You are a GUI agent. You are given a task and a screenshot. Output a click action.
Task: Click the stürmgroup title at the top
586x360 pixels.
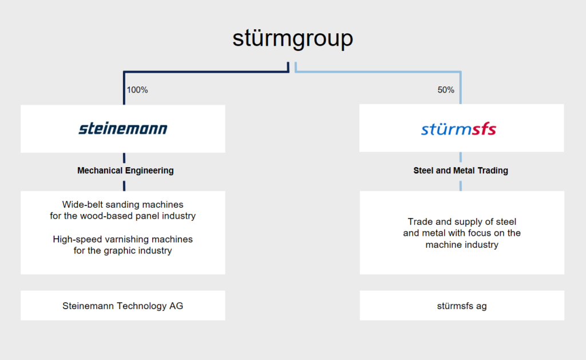(292, 39)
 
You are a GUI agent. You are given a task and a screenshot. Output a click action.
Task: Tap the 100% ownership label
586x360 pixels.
(137, 90)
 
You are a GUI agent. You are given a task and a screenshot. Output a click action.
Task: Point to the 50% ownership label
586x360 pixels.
(446, 90)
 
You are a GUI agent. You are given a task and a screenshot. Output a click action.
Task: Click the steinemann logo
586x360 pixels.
(123, 129)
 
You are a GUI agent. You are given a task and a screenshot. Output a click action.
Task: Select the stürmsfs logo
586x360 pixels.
(458, 129)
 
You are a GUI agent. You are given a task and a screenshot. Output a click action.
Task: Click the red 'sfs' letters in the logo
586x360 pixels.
(484, 129)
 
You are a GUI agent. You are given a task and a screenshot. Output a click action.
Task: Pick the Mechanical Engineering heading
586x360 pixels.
(125, 171)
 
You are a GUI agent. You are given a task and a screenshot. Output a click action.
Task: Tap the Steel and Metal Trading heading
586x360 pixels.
(461, 171)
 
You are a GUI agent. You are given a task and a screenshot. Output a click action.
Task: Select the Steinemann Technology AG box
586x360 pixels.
(123, 306)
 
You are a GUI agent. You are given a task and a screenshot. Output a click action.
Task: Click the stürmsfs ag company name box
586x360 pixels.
(462, 306)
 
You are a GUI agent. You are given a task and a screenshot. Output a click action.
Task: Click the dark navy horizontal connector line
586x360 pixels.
(206, 72)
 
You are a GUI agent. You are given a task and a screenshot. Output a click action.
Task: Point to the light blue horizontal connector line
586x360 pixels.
(378, 72)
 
